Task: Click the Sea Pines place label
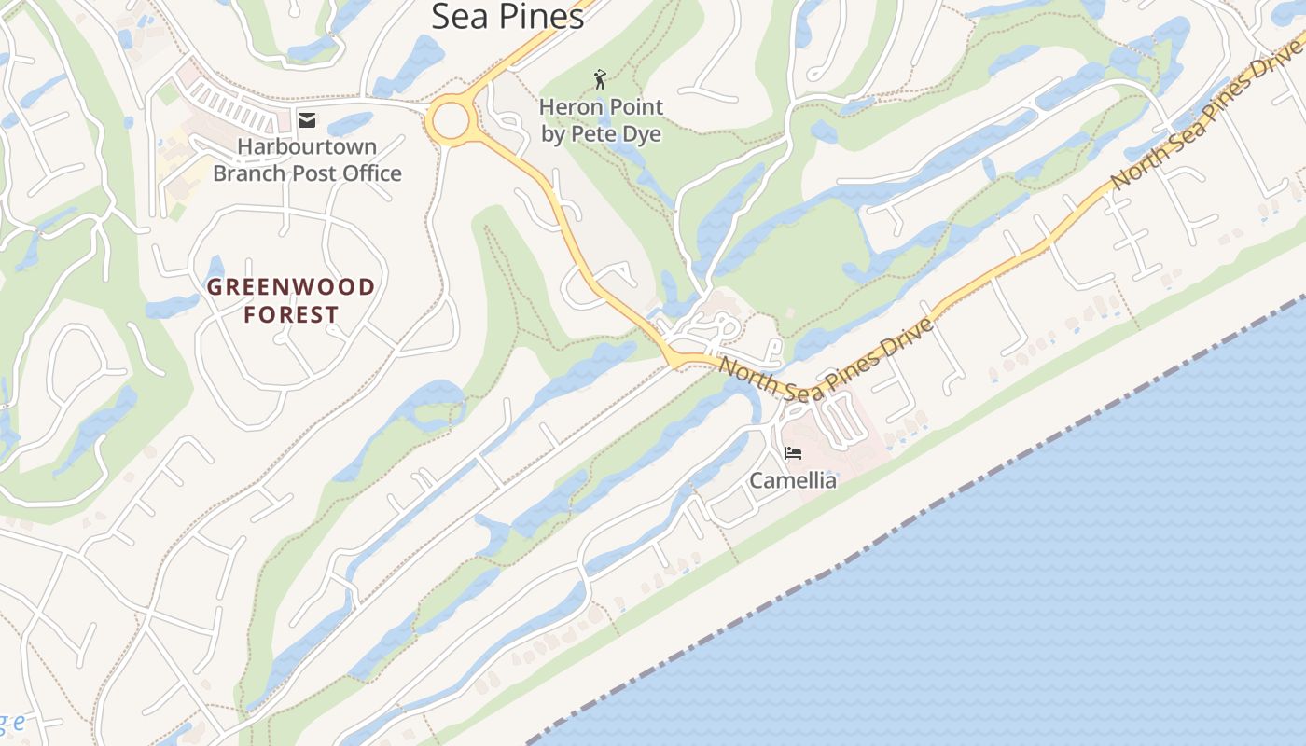507,16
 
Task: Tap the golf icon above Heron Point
600,79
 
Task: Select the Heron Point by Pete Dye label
601,120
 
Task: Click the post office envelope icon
306,119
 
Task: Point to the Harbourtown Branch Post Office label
307,159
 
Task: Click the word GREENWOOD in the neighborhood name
291,287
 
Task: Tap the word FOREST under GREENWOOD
291,315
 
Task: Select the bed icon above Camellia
793,454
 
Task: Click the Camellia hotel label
794,481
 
